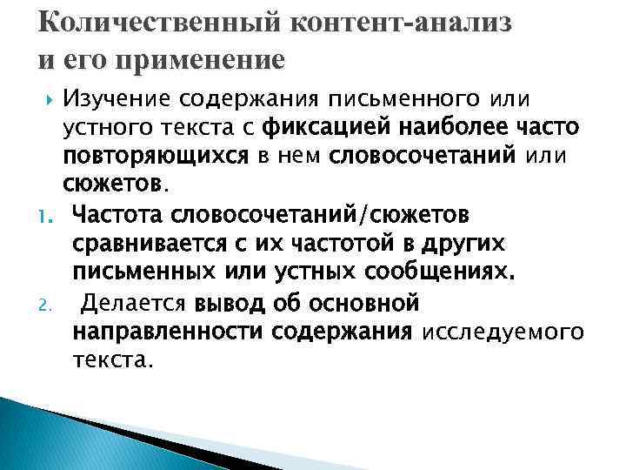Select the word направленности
pos(169,332)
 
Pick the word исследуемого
pos(502,333)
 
